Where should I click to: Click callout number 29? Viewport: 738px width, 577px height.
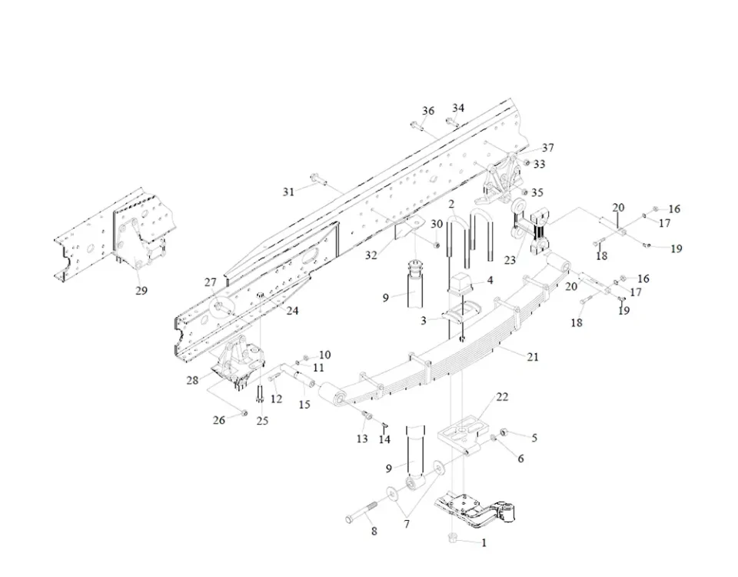[141, 291]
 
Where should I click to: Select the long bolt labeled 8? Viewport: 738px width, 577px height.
[362, 513]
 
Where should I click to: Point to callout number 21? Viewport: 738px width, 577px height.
[533, 356]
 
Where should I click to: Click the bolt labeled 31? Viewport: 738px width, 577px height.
[316, 182]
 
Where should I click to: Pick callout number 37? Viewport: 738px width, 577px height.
[547, 148]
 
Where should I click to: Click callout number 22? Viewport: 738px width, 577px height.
[502, 397]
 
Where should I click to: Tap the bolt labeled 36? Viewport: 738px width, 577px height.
[415, 125]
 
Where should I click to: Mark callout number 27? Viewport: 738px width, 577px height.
[211, 282]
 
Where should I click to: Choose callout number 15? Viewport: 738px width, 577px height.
[304, 404]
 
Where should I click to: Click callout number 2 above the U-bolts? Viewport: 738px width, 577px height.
[452, 205]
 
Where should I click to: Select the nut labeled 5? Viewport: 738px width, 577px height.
[504, 432]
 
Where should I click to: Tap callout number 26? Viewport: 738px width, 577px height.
[220, 420]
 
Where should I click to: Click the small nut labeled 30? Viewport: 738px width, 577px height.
[437, 245]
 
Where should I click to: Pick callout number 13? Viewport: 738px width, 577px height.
[362, 439]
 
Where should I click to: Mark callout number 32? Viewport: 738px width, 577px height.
[371, 255]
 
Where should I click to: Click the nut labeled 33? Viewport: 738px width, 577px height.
[525, 163]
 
